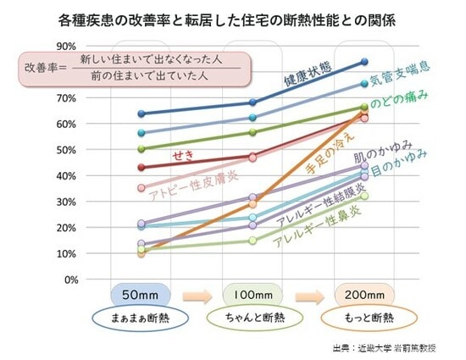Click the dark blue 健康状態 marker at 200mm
click(364, 61)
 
